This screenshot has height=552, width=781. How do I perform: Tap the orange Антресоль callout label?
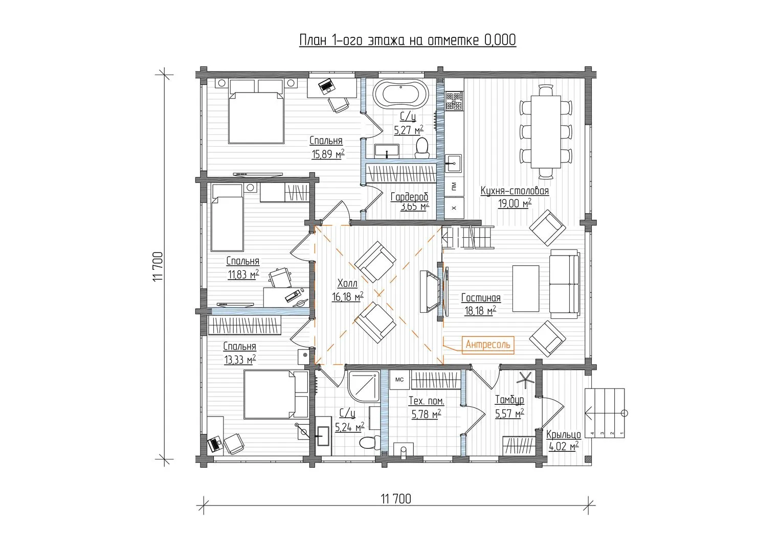[x=487, y=344]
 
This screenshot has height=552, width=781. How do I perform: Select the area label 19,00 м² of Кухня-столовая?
[x=515, y=203]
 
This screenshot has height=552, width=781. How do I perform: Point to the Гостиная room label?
[x=480, y=298]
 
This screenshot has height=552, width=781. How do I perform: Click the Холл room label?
[x=347, y=284]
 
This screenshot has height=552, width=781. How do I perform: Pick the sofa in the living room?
[x=564, y=284]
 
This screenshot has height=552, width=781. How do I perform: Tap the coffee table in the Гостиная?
[x=525, y=288]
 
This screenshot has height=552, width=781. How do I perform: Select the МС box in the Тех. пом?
[x=399, y=380]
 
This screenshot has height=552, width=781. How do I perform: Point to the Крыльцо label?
[x=563, y=435]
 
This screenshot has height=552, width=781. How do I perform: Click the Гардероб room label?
[x=409, y=197]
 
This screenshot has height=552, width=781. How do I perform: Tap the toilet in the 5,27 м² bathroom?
[x=422, y=146]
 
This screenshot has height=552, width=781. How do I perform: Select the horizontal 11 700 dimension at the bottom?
[x=395, y=499]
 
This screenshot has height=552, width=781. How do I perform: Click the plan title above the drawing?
[x=407, y=40]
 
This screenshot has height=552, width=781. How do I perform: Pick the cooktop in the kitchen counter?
[x=454, y=100]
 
